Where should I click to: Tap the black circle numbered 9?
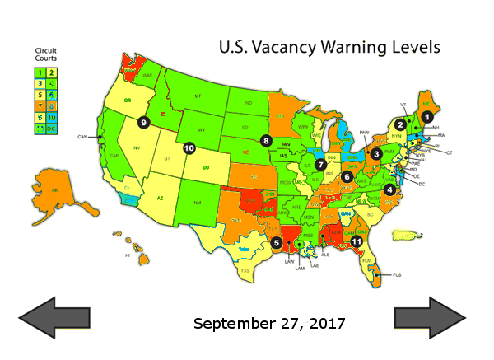[x=143, y=122]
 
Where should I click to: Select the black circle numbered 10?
[x=189, y=148]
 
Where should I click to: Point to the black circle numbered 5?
[x=277, y=242]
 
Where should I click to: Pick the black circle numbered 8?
[x=266, y=140]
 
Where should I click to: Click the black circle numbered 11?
[x=357, y=241]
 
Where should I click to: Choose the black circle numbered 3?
[x=375, y=153]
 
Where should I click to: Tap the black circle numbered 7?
[x=320, y=165]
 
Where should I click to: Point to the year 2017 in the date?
[x=322, y=322]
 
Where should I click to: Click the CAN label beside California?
[x=82, y=136]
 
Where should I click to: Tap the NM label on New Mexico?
[x=196, y=203]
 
